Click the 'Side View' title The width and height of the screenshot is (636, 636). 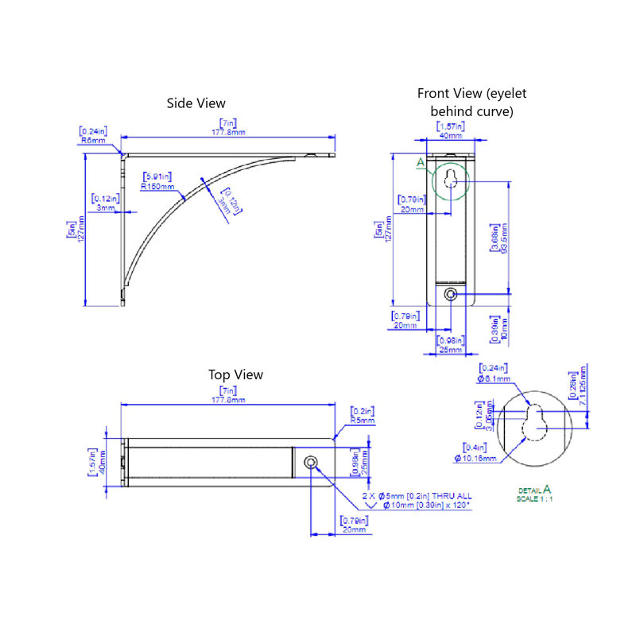pyautogui.click(x=196, y=103)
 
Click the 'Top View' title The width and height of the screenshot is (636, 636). pyautogui.click(x=235, y=374)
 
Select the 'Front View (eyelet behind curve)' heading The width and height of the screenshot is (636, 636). pyautogui.click(x=471, y=102)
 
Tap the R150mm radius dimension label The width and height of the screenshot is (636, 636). pyautogui.click(x=156, y=186)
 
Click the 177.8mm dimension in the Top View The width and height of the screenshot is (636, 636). pyautogui.click(x=229, y=400)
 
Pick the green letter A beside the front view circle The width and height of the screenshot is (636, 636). pyautogui.click(x=421, y=163)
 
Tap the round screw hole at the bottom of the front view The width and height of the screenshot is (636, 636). pyautogui.click(x=451, y=294)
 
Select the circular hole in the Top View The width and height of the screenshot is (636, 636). pyautogui.click(x=311, y=463)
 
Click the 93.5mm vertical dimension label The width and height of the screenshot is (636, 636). pyautogui.click(x=505, y=238)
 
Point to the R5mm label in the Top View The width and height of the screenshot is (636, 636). pyautogui.click(x=362, y=421)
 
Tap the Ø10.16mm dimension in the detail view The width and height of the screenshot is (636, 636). pyautogui.click(x=475, y=458)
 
